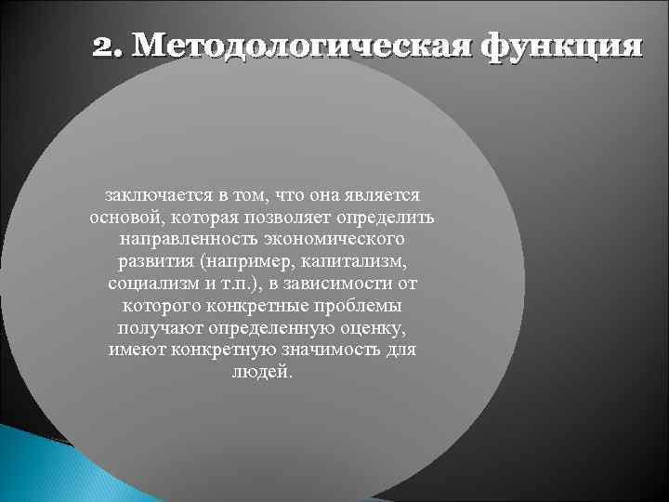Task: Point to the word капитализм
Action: pos(355,261)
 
